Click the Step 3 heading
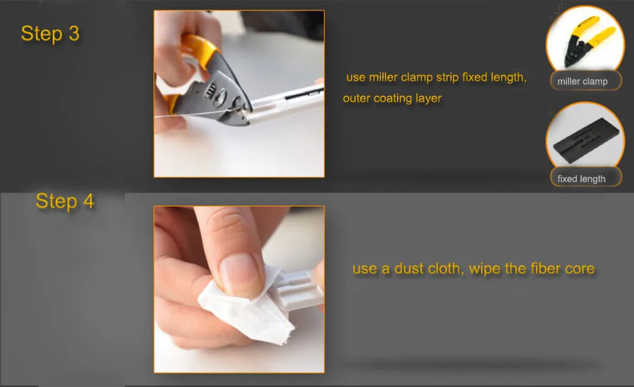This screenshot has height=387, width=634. (x=50, y=33)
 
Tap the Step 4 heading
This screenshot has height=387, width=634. (x=65, y=201)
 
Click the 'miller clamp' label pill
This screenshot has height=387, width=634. (x=585, y=81)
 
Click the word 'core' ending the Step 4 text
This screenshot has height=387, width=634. (x=580, y=269)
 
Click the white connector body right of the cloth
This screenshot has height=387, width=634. (x=301, y=289)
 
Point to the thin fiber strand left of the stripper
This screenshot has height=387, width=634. (x=194, y=114)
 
